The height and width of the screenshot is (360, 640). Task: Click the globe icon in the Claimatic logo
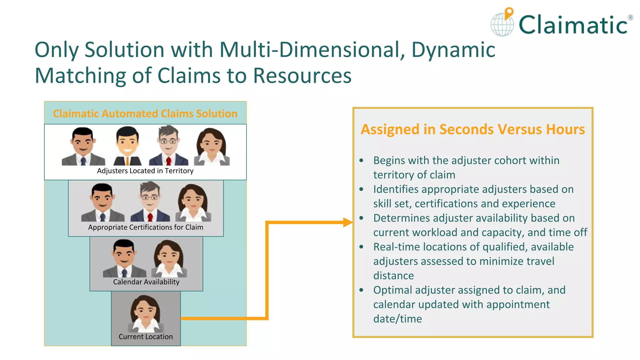(x=502, y=25)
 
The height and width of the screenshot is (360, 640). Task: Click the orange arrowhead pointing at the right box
(x=347, y=222)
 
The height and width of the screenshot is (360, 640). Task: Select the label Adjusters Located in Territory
(x=145, y=171)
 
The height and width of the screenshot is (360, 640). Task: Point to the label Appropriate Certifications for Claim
(x=146, y=227)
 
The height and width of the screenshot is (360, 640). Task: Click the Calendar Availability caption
(x=146, y=282)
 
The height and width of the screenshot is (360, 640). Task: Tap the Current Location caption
(x=146, y=337)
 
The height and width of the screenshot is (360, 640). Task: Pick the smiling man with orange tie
(x=127, y=146)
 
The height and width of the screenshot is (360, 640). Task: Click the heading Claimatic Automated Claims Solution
(x=145, y=113)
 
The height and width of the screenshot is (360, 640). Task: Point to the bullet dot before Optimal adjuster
(x=362, y=290)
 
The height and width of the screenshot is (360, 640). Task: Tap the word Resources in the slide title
(x=302, y=76)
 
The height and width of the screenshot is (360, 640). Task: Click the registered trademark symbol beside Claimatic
(x=630, y=18)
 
